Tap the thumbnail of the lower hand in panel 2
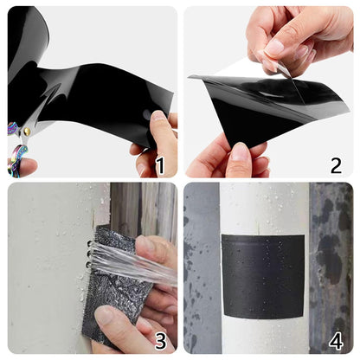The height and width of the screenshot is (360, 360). (x=239, y=153)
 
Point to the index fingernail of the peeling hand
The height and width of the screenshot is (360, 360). (x=275, y=46)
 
